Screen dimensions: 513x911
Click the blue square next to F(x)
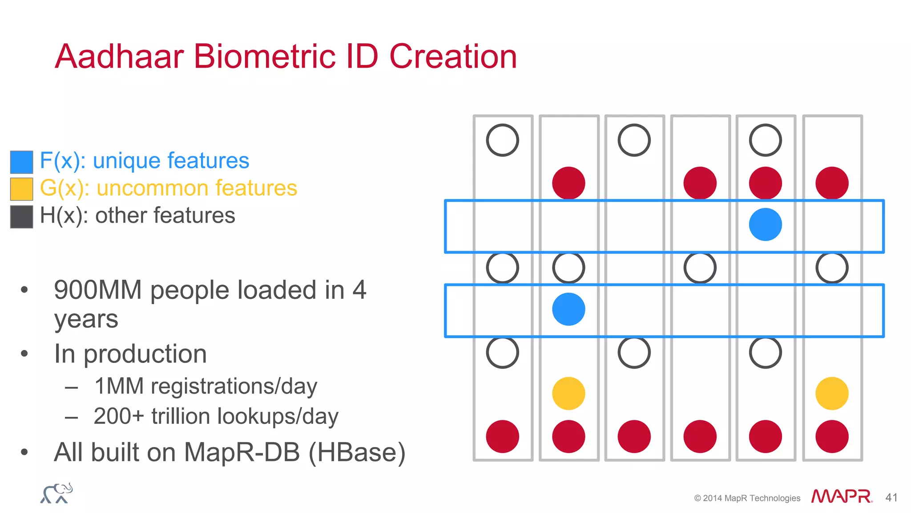coord(21,162)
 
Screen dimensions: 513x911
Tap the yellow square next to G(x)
coord(21,189)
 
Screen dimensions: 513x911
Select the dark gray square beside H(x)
coord(21,216)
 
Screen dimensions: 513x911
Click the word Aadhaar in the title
coord(119,57)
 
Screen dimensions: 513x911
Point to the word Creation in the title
coord(453,57)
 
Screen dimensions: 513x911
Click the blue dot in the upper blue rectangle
coord(765,224)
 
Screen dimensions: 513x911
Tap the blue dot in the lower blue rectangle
coord(568,309)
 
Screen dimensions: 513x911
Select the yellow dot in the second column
coord(568,393)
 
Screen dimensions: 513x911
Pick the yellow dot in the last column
coord(832,393)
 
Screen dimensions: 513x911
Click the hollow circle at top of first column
coord(503,140)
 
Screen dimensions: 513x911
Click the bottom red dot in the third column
coord(634,436)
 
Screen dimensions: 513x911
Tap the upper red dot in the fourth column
coord(700,183)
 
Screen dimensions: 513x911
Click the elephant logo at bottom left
coord(56,493)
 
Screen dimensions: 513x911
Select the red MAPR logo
coord(841,496)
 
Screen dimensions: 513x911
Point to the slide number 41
coord(891,497)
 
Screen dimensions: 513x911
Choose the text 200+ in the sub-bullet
coord(119,416)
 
